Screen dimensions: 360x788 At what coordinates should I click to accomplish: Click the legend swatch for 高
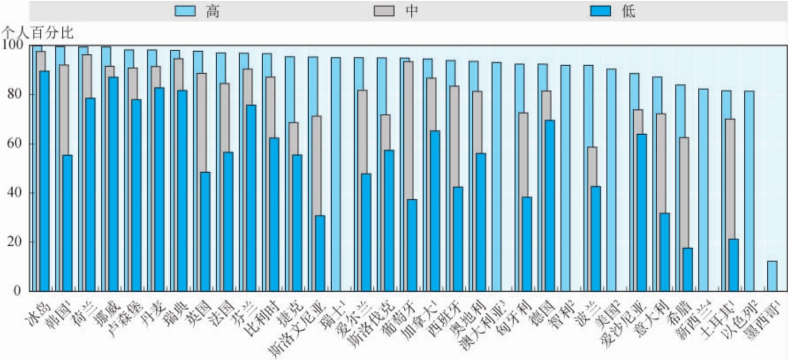[185, 11]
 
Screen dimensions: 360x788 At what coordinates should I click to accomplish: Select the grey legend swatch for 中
[384, 11]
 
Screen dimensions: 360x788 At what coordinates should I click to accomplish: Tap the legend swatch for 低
[600, 11]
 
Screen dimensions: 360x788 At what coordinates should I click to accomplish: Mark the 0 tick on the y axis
[17, 291]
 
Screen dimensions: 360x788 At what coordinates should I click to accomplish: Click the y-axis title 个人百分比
[38, 33]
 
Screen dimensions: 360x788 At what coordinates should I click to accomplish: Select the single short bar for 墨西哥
[772, 276]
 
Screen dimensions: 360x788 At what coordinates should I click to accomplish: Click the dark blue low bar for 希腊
[687, 269]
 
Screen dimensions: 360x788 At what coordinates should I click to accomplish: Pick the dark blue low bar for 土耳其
[733, 265]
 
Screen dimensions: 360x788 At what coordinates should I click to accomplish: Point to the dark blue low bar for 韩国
[67, 223]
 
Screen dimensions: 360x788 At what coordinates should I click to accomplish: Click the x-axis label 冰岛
[39, 314]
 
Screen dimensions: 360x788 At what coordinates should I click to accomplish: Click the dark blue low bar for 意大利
[664, 252]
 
